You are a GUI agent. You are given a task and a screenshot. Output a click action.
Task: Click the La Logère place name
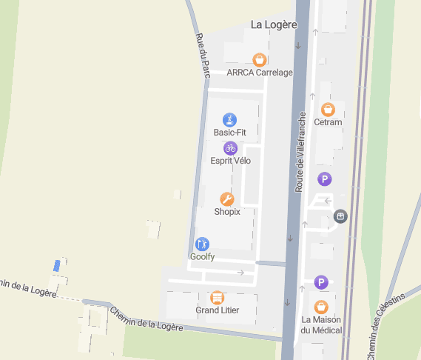[x=274, y=24]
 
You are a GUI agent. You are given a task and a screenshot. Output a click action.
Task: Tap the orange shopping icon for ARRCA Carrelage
[x=259, y=59]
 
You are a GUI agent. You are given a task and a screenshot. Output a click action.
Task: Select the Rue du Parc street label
[x=201, y=56]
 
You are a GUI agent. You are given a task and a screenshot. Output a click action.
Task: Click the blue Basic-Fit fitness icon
[x=230, y=119]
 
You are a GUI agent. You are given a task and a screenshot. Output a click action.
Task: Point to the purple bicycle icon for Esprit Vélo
[x=231, y=148]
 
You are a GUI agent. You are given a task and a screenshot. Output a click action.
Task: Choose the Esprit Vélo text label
[x=231, y=161]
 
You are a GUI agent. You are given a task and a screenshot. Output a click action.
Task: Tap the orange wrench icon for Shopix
[x=227, y=199]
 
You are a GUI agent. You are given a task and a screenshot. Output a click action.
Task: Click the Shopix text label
[x=227, y=212]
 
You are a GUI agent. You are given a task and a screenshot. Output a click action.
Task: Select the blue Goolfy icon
[x=202, y=244]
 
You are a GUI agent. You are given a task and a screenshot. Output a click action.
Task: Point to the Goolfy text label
[x=202, y=256]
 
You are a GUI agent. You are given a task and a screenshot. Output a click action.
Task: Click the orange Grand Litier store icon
[x=217, y=297]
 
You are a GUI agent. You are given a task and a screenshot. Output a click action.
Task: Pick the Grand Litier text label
[x=217, y=310]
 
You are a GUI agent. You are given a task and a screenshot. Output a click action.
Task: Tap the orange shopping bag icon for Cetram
[x=328, y=110]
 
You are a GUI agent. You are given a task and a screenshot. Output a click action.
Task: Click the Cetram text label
[x=328, y=122]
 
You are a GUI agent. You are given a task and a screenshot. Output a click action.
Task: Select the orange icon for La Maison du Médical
[x=321, y=307]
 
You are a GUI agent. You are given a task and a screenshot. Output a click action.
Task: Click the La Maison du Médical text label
[x=322, y=324]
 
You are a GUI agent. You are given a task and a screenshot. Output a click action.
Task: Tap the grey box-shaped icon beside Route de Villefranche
[x=340, y=216]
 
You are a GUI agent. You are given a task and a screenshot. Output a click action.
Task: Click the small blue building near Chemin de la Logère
[x=57, y=265]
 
